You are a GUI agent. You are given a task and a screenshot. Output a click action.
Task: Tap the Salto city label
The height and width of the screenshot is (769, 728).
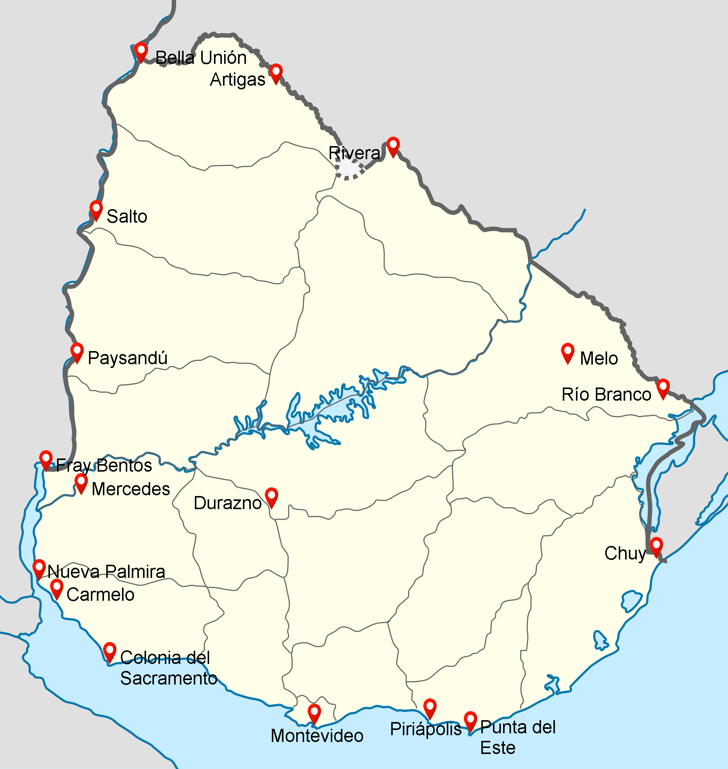pyautogui.click(x=127, y=217)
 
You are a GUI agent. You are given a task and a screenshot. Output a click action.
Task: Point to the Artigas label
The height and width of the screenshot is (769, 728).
pyautogui.click(x=238, y=80)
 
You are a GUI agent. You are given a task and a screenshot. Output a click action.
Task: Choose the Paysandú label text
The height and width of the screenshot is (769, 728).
pyautogui.click(x=127, y=358)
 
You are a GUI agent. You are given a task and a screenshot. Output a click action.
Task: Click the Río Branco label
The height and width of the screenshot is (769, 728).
pyautogui.click(x=606, y=395)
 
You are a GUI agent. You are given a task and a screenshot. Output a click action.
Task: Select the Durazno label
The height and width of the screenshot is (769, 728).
pyautogui.click(x=228, y=503)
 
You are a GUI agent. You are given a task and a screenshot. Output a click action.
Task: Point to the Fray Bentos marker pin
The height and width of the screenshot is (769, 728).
pyautogui.click(x=46, y=459)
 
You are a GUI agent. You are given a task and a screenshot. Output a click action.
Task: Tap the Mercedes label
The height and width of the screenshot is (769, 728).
pyautogui.click(x=131, y=489)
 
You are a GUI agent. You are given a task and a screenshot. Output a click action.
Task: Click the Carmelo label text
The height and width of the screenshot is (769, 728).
pyautogui.click(x=101, y=595)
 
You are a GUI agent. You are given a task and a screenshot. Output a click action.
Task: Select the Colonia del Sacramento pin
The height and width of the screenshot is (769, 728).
pyautogui.click(x=110, y=651)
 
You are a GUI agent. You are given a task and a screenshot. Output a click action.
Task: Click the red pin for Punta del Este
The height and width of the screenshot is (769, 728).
pyautogui.click(x=470, y=720)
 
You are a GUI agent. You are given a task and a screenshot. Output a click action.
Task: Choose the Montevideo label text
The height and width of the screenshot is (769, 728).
pyautogui.click(x=317, y=736)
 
